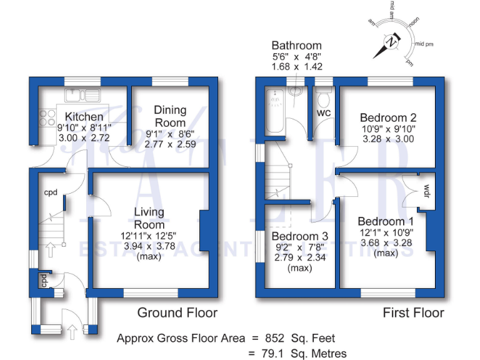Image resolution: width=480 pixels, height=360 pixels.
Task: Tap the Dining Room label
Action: pos(170,116)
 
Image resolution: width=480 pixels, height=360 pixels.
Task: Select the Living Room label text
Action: pos(149,219)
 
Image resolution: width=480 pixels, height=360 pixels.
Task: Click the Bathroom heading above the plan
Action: pos(296,46)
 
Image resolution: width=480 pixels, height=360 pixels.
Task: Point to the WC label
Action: pos(324,113)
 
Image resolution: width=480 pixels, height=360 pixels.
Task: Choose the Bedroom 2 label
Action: pos(388,117)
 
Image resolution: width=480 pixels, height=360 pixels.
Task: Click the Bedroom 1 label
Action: pos(386,221)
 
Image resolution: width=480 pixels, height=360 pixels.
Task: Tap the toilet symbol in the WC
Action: pos(324,99)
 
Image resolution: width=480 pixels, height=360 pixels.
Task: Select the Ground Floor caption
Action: pos(177,312)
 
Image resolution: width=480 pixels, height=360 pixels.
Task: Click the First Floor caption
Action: pos(413,312)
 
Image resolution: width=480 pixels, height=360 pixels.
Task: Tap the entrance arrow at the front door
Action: pos(72,331)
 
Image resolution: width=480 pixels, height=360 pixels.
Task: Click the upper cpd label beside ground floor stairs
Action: pos(51,192)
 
